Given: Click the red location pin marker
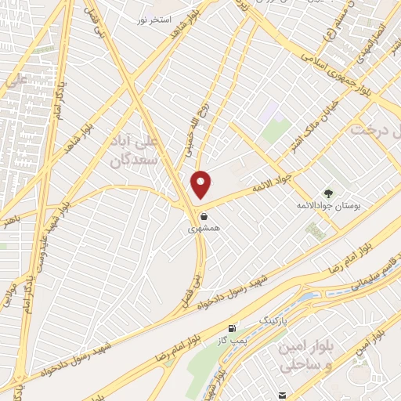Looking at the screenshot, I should point(202,184).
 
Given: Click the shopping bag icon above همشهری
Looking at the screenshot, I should point(204,216).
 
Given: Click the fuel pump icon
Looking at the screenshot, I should point(231,328).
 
